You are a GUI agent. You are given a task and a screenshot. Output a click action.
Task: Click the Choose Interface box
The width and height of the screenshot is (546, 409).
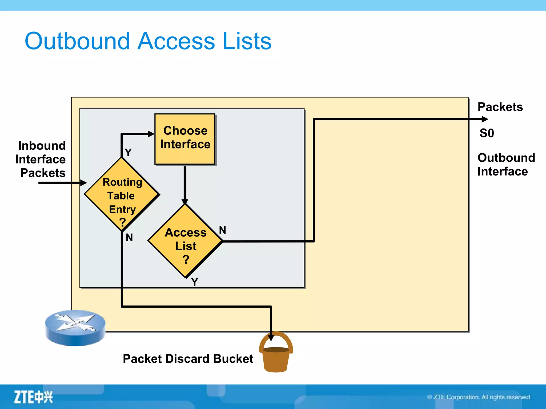tap(185, 138)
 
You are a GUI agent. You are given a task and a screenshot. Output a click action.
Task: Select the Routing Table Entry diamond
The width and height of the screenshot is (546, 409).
tap(122, 194)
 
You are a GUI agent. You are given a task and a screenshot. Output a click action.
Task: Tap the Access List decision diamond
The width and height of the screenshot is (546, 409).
tap(185, 241)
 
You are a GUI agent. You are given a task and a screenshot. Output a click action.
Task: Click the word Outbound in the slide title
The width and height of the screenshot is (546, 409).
tap(77, 41)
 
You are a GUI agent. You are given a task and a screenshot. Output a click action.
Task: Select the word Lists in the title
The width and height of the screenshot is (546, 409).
tap(247, 41)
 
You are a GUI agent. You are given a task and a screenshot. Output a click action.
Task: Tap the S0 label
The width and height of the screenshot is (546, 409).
tap(487, 133)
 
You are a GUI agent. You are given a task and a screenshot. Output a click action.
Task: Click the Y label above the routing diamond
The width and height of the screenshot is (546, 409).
tap(128, 153)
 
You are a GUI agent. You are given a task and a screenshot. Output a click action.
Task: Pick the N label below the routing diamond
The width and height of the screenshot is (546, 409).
tap(129, 237)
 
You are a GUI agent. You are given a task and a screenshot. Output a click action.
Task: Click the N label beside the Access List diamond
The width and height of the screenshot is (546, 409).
tap(223, 230)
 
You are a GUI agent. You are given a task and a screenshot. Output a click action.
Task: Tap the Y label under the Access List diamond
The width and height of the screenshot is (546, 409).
tap(195, 282)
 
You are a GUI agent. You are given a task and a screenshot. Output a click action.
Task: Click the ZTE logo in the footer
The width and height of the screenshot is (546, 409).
tap(33, 397)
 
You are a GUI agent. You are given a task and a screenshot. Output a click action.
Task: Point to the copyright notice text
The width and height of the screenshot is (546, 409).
tap(479, 397)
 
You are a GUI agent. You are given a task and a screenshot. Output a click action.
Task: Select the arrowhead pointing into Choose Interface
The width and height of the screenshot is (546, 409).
tap(151, 134)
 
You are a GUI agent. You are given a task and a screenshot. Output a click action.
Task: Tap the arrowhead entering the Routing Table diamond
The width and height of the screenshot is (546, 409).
tap(83, 183)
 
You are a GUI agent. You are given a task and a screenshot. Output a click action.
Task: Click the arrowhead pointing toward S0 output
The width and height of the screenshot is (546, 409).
tap(485, 119)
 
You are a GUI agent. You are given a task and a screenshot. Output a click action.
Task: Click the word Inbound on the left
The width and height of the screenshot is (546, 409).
tap(42, 146)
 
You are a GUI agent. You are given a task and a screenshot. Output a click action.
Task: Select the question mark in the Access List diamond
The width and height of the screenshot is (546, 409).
tap(186, 259)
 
